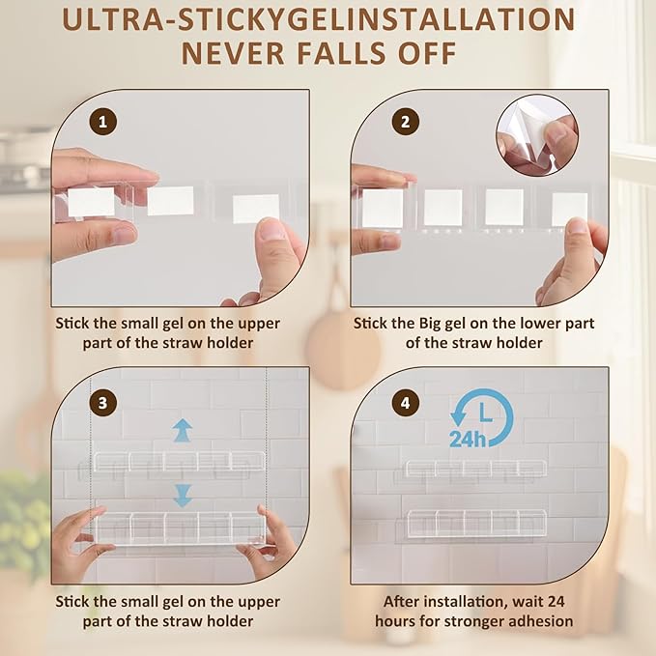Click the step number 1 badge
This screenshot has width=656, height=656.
pyautogui.click(x=103, y=122)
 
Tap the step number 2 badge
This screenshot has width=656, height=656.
pyautogui.click(x=406, y=122)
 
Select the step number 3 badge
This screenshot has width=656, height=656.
pyautogui.click(x=103, y=403)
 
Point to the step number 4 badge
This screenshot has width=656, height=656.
pyautogui.click(x=406, y=403)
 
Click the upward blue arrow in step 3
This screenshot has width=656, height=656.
pyautogui.click(x=183, y=430)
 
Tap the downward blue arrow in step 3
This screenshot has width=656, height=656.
pyautogui.click(x=183, y=496)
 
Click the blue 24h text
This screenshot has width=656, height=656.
pyautogui.click(x=468, y=440)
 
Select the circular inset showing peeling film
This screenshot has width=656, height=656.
pyautogui.click(x=537, y=134)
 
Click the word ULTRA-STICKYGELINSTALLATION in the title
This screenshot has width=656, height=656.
pyautogui.click(x=319, y=19)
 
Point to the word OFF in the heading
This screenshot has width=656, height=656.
pyautogui.click(x=427, y=53)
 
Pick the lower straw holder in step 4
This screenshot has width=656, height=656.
pyautogui.click(x=477, y=524)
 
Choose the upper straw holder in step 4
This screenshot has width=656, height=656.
pyautogui.click(x=476, y=469)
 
